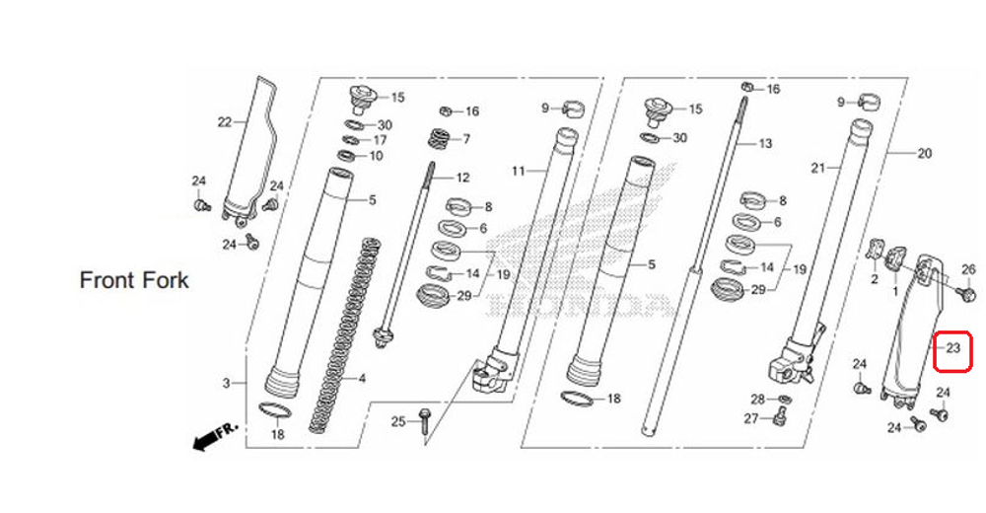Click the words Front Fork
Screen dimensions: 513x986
point(134,280)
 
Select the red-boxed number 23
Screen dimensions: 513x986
point(953,349)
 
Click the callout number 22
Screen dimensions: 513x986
point(225,122)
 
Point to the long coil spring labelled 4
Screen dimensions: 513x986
point(345,335)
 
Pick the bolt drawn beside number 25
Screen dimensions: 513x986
point(425,422)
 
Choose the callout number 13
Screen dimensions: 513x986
point(765,143)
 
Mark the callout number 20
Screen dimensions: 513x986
point(924,153)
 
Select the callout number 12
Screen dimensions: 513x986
point(462,178)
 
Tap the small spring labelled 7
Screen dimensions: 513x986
point(438,139)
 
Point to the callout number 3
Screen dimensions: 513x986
point(226,383)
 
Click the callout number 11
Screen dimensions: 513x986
point(519,171)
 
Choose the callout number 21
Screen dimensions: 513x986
point(816,168)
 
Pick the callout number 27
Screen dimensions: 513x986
point(751,419)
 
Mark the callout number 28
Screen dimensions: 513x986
point(757,399)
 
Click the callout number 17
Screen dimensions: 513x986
point(380,140)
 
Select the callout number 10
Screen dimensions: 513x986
point(376,156)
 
